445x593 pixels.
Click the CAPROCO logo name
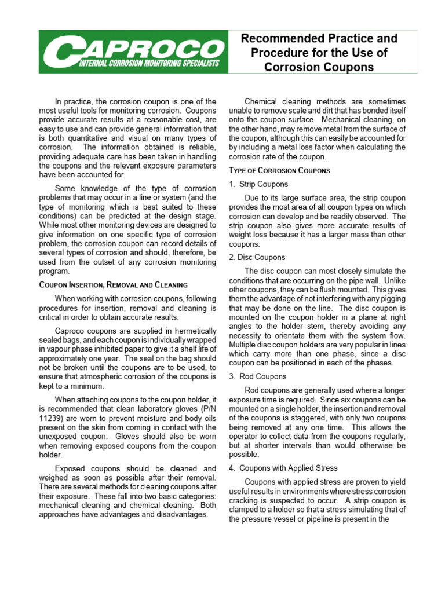tap(131, 47)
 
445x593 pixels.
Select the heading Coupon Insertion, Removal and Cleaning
tap(113, 285)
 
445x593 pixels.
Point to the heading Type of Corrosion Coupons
tap(279, 170)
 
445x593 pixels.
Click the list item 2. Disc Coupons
tap(257, 257)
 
